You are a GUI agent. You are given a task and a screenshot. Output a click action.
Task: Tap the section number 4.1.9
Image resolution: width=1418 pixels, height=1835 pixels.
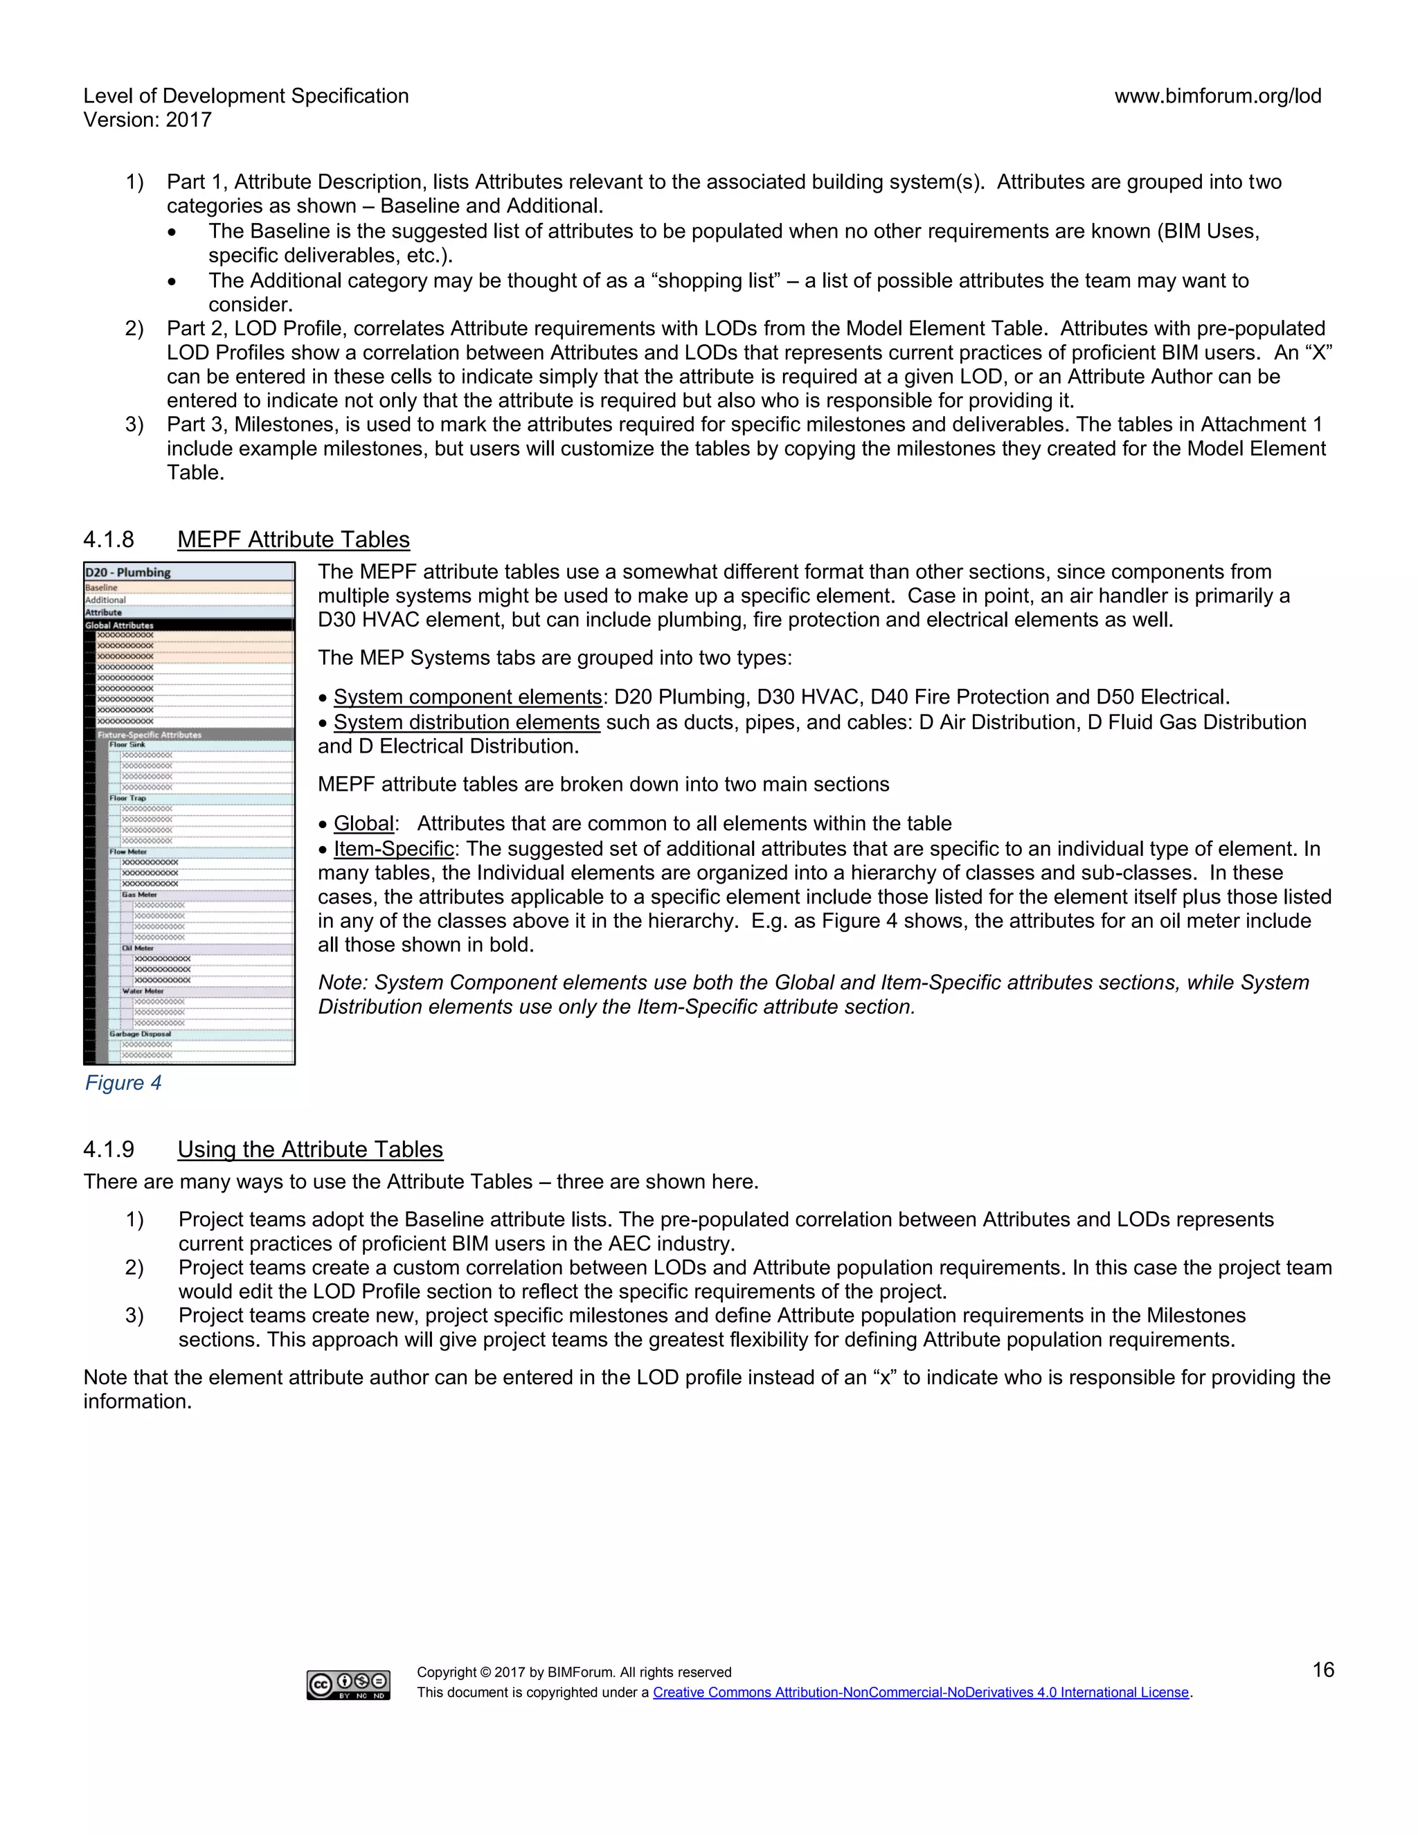coord(109,1149)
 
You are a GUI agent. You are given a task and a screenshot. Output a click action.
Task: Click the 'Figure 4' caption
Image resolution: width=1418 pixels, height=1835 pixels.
coord(123,1083)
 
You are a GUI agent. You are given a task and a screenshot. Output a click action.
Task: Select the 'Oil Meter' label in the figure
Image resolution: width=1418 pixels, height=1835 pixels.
coord(138,948)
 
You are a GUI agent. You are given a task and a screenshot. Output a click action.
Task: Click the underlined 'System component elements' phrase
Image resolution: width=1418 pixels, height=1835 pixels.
coord(467,697)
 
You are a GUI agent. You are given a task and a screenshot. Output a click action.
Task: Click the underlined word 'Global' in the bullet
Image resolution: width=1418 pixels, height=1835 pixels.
coord(364,823)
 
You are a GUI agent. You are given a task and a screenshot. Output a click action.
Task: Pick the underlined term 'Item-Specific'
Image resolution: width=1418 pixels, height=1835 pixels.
coord(393,849)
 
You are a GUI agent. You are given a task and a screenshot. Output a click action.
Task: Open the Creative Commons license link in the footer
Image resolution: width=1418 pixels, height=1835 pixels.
coord(921,1692)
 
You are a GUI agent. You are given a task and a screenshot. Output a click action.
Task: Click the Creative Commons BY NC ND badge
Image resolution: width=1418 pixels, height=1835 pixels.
coord(348,1685)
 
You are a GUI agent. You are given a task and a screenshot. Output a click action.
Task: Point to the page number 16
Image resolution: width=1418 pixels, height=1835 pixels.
coord(1323,1670)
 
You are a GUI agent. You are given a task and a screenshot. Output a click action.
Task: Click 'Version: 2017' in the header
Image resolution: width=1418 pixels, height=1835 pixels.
coord(148,120)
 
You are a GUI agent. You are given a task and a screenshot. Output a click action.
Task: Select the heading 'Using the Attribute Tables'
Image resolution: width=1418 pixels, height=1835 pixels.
coord(310,1149)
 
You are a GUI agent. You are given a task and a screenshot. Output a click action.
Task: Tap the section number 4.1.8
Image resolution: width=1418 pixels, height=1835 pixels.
coord(109,539)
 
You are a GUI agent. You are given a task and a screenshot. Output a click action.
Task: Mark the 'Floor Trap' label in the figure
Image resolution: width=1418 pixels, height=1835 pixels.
coord(127,798)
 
